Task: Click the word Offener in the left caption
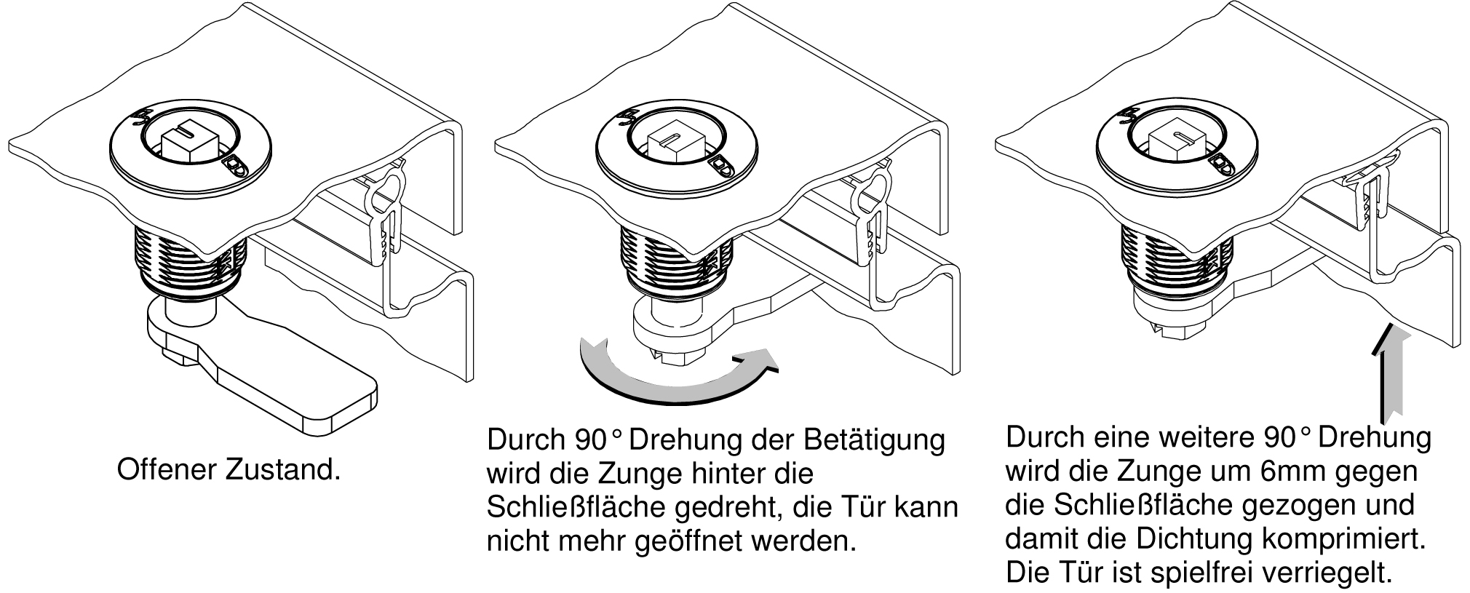click(x=167, y=469)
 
